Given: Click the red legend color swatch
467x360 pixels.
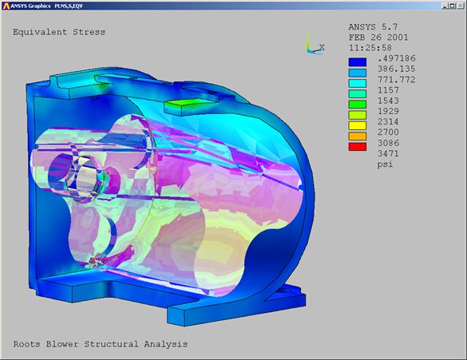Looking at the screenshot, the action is click(x=358, y=147).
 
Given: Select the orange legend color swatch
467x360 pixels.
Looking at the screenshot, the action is click(x=358, y=136).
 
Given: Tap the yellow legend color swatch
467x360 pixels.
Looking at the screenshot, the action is click(x=358, y=125).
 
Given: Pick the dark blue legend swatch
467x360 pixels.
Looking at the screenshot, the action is click(x=358, y=62).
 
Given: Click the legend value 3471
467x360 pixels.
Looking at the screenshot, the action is click(x=388, y=153).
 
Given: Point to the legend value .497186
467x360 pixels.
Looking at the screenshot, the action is click(x=397, y=58).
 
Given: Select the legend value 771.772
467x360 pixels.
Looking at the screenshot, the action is click(x=397, y=80).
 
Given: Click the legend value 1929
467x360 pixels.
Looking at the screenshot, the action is click(x=388, y=111).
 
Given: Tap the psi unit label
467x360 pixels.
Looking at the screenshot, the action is click(x=385, y=164).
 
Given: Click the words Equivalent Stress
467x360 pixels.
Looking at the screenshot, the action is click(x=59, y=32).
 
